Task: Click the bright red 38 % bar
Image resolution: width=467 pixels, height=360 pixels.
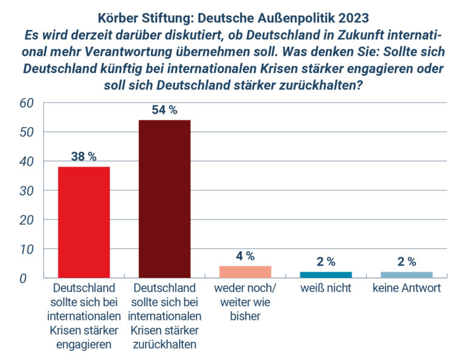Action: point(83,222)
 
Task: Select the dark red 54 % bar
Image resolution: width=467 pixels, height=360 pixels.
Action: point(164,199)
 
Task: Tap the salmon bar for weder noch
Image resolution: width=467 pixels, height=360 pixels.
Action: point(245,272)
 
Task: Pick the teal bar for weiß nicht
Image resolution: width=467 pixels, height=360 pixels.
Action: point(326,275)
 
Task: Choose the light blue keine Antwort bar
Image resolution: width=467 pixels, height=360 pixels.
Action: point(407,275)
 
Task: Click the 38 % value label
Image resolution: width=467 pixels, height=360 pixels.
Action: point(83,156)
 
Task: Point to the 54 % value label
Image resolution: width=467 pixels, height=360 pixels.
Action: point(164,110)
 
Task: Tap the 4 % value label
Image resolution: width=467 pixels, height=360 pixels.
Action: point(245,256)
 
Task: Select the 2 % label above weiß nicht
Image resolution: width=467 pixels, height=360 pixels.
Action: point(326,262)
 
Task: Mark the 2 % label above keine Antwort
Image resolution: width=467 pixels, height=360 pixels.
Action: point(407,262)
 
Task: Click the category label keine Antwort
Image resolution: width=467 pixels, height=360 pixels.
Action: point(407,288)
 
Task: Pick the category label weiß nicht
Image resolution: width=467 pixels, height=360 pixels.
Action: point(326,288)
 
